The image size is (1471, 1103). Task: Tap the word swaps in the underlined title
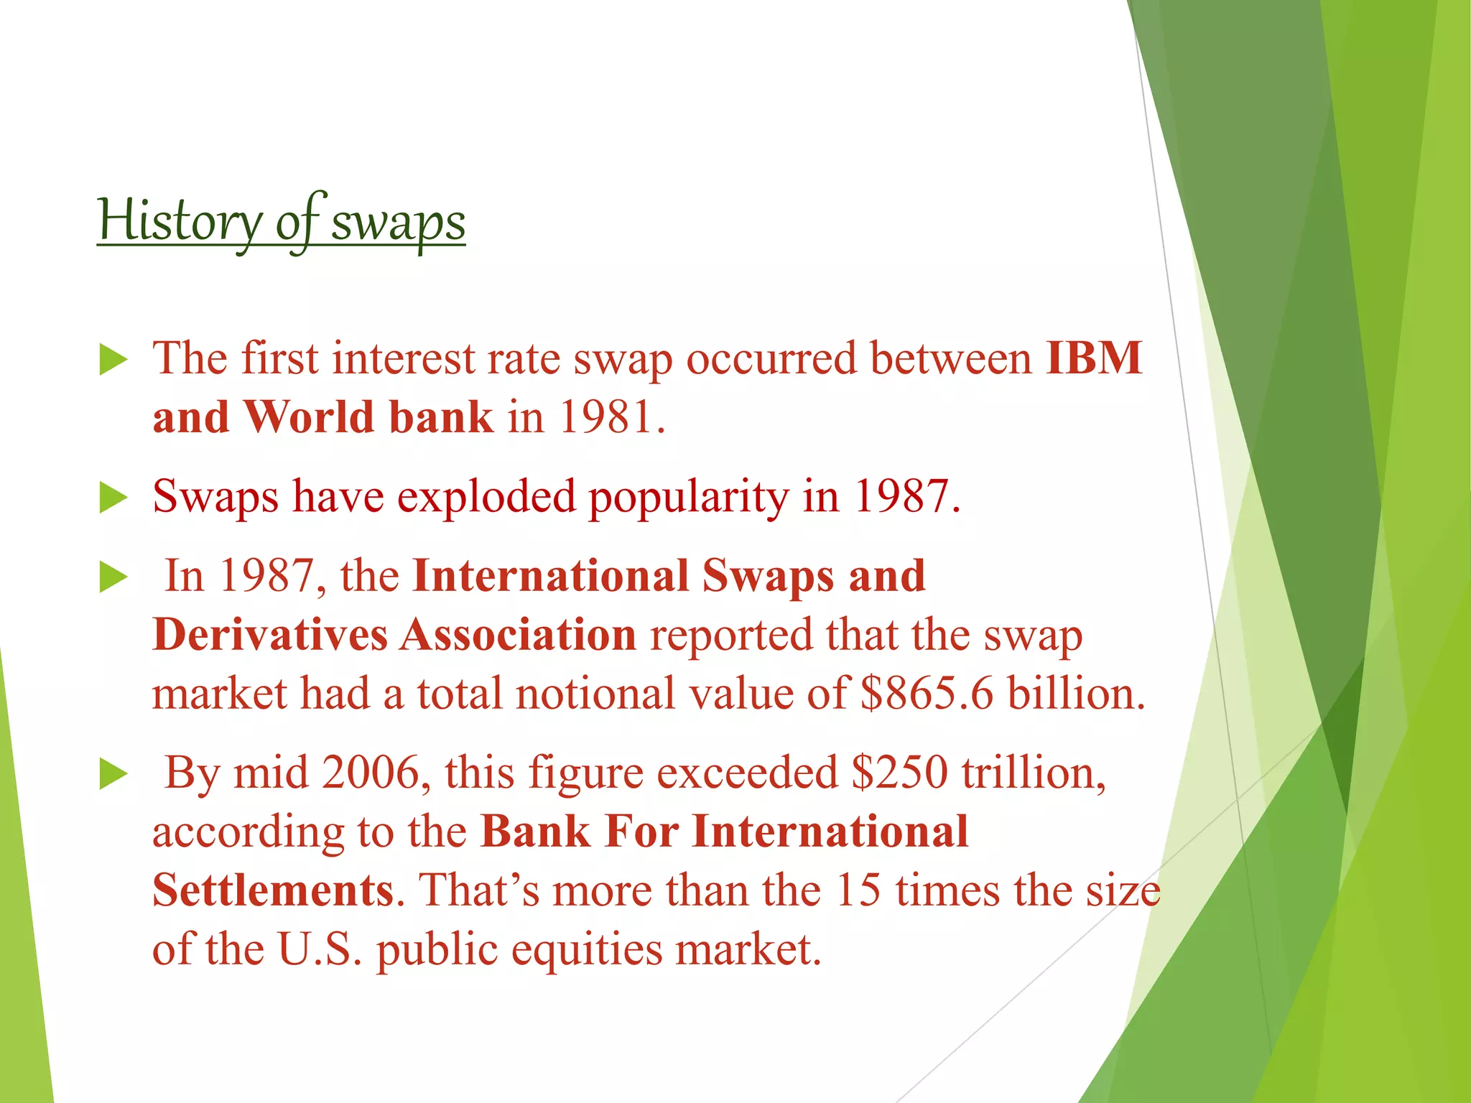(x=398, y=223)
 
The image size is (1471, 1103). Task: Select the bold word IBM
(x=1094, y=358)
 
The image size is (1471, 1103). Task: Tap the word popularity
(x=688, y=497)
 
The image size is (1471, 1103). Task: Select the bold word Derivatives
(x=270, y=636)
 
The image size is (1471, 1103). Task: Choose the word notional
(x=595, y=694)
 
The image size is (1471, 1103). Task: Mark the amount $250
(x=899, y=773)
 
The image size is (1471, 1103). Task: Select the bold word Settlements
(x=273, y=890)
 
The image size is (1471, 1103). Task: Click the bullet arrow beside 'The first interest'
(x=113, y=360)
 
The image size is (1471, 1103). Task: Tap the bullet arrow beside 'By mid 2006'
(x=113, y=775)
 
